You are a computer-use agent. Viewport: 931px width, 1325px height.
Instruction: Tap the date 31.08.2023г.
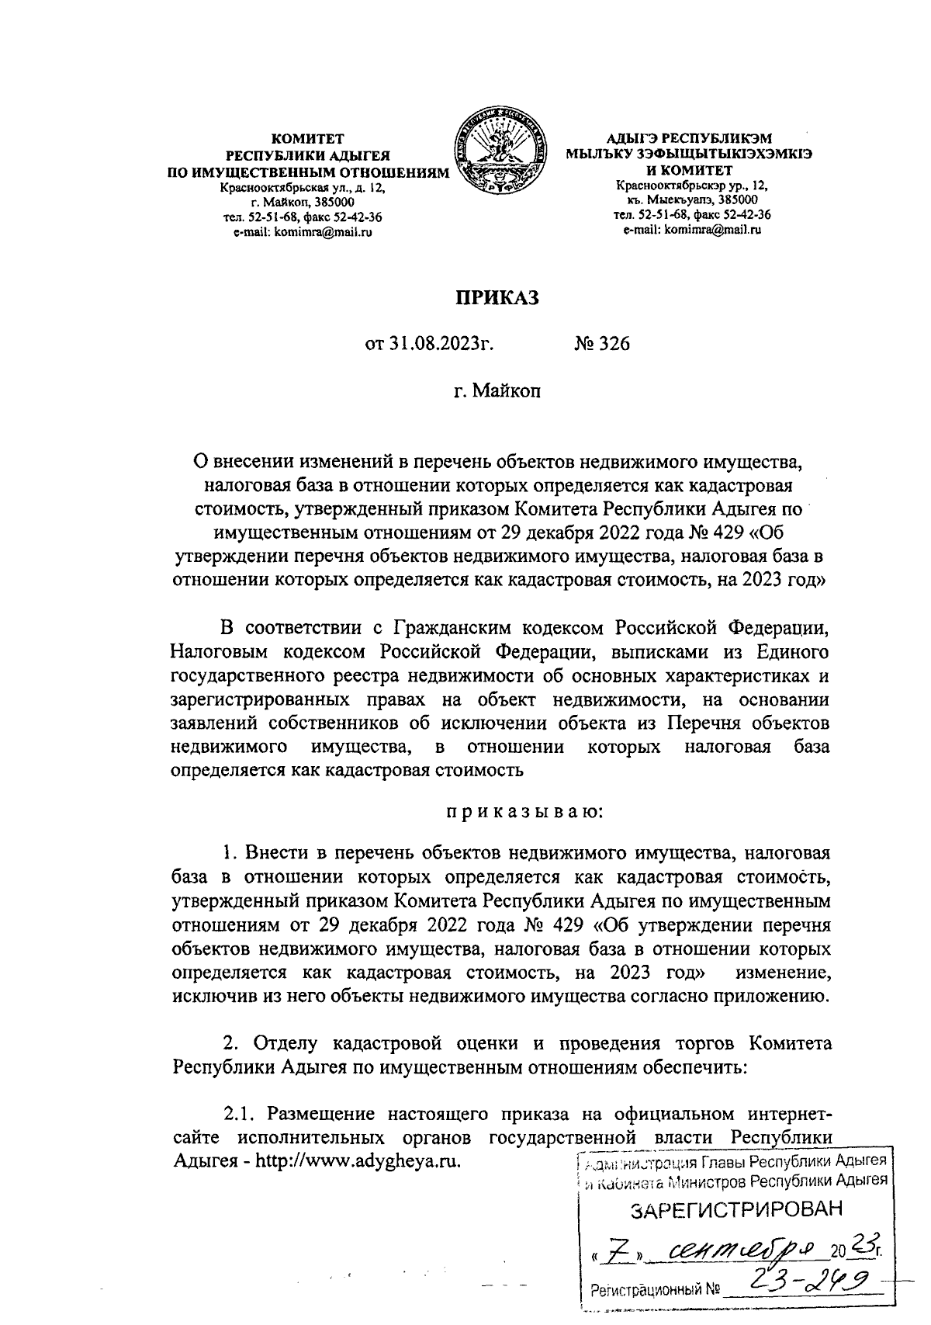[430, 343]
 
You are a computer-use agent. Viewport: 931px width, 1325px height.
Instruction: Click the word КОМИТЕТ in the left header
[312, 140]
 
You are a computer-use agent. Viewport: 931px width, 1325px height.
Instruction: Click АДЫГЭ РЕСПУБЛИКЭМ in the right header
[690, 139]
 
